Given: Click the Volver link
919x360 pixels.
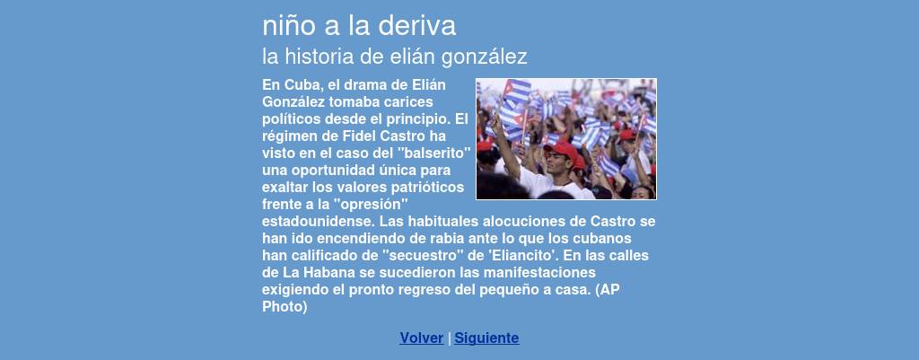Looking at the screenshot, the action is point(422,338).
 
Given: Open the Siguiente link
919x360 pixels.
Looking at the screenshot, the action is point(486,338).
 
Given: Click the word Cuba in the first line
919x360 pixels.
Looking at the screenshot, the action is point(302,85).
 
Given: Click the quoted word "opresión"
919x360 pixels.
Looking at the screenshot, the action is point(370,206).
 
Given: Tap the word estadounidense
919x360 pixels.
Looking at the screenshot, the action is point(318,223).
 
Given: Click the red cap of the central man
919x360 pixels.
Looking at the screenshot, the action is point(561,151).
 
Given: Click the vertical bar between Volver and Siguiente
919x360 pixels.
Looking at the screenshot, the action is point(449,338).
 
